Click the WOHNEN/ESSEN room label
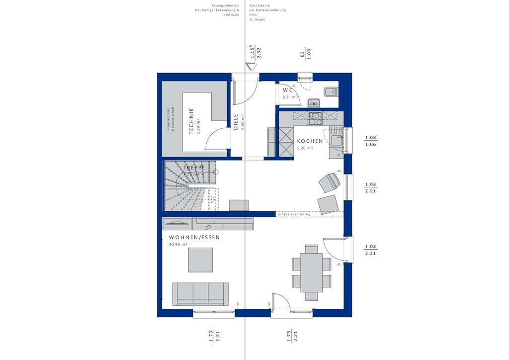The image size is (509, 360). coord(194,238)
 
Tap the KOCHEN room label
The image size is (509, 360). coord(310,141)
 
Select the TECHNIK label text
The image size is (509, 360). coord(191,121)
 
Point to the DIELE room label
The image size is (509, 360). coord(236,122)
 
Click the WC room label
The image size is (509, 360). coord(288,90)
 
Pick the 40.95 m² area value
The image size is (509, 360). coord(178,245)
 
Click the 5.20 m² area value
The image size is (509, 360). coord(305,148)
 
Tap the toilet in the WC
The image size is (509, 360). coord(330,91)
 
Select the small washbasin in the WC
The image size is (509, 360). coord(313,103)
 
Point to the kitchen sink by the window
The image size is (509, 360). coord(337,140)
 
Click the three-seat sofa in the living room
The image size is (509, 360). coord(200,293)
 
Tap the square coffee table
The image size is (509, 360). coord(200,260)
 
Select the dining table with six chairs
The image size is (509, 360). coord(311,272)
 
